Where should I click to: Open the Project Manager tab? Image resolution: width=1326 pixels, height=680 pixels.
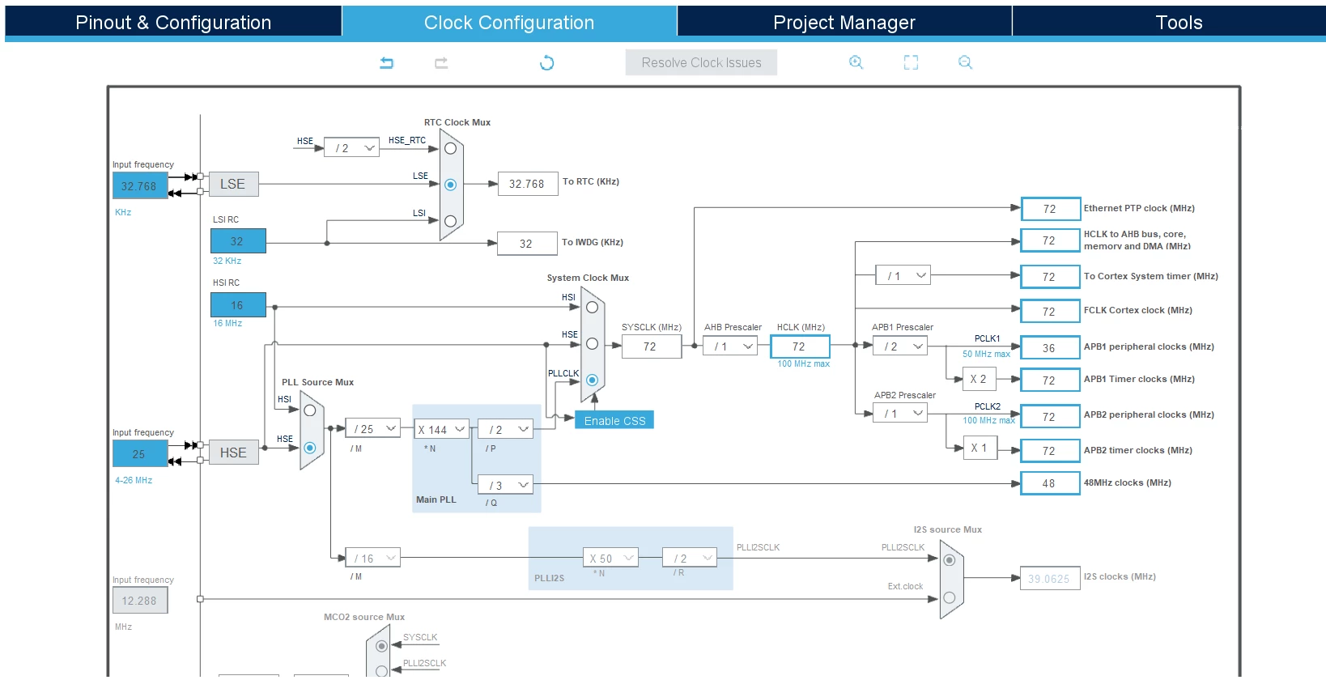pyautogui.click(x=844, y=23)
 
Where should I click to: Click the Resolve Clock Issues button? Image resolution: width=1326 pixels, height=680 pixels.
pyautogui.click(x=702, y=62)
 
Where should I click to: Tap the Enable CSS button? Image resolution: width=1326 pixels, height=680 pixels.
pyautogui.click(x=614, y=420)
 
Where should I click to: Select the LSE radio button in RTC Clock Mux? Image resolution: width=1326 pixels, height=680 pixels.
pyautogui.click(x=450, y=185)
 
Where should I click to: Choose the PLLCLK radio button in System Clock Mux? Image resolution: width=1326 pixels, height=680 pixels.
pyautogui.click(x=592, y=380)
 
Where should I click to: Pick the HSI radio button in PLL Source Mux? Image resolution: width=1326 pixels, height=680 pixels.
pyautogui.click(x=309, y=410)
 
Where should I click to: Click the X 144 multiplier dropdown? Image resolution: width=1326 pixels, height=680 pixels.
pyautogui.click(x=442, y=429)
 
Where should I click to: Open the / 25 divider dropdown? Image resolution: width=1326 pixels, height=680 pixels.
pyautogui.click(x=373, y=428)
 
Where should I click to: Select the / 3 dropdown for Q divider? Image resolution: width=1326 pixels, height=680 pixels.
pyautogui.click(x=505, y=485)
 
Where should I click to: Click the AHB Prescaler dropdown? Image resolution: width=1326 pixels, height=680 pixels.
pyautogui.click(x=730, y=346)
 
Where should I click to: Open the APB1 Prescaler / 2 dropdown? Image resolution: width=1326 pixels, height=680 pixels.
pyautogui.click(x=900, y=346)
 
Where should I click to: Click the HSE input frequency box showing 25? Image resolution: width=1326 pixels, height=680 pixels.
pyautogui.click(x=140, y=454)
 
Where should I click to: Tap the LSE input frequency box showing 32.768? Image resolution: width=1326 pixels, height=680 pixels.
pyautogui.click(x=140, y=186)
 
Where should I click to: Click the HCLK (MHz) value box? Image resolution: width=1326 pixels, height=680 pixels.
pyautogui.click(x=800, y=346)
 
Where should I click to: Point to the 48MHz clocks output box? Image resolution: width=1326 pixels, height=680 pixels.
pyautogui.click(x=1050, y=483)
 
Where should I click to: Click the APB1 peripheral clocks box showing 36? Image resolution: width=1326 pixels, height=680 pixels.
pyautogui.click(x=1050, y=348)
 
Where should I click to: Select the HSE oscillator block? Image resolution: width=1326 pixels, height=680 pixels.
pyautogui.click(x=233, y=453)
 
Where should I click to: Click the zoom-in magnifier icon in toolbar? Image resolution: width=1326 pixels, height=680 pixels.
pyautogui.click(x=856, y=62)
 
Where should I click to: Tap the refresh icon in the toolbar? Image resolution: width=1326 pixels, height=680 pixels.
pyautogui.click(x=547, y=62)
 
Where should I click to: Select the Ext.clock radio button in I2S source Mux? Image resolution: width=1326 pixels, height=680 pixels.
pyautogui.click(x=950, y=597)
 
